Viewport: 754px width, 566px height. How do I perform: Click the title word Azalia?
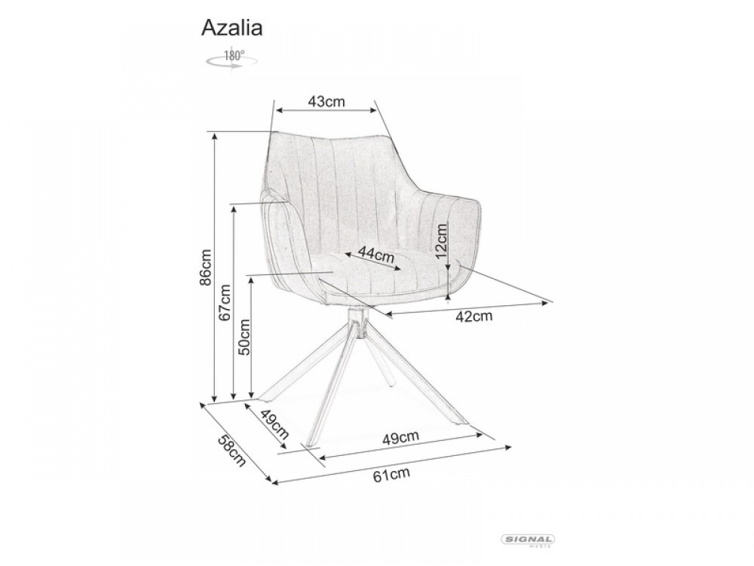[231, 28]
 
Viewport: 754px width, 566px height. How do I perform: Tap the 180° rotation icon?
[231, 58]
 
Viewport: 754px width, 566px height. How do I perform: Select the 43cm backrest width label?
[326, 102]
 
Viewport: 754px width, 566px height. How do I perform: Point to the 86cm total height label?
[205, 267]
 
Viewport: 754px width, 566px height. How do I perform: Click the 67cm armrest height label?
[225, 303]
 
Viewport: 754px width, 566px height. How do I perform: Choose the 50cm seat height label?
[244, 336]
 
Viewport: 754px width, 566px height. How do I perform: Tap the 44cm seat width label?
[376, 254]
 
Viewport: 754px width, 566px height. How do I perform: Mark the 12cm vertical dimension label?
[441, 240]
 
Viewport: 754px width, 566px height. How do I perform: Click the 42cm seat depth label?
[474, 316]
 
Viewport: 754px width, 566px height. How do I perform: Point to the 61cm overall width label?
[391, 474]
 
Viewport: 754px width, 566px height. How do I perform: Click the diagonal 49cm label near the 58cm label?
[274, 424]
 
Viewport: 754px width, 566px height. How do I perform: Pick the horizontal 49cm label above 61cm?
[400, 437]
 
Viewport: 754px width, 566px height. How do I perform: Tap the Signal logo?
[528, 540]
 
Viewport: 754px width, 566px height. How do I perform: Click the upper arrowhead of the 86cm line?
[215, 136]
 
